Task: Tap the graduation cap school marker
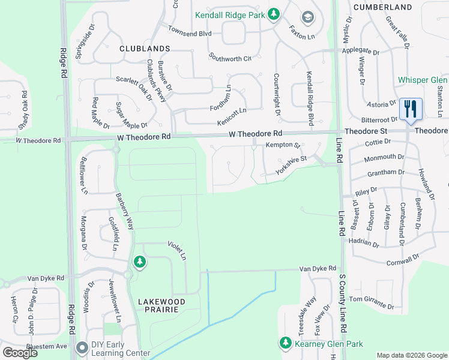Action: point(308,17)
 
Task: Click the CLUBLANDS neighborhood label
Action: point(144,48)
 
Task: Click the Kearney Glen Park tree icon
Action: point(285,343)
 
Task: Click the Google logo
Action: point(20,353)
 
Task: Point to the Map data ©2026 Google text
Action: point(411,355)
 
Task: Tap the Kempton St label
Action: point(283,146)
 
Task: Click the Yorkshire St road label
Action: point(291,163)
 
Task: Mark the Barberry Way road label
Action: point(125,211)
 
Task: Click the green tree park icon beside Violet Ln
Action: point(139,262)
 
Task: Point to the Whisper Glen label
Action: point(422,80)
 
